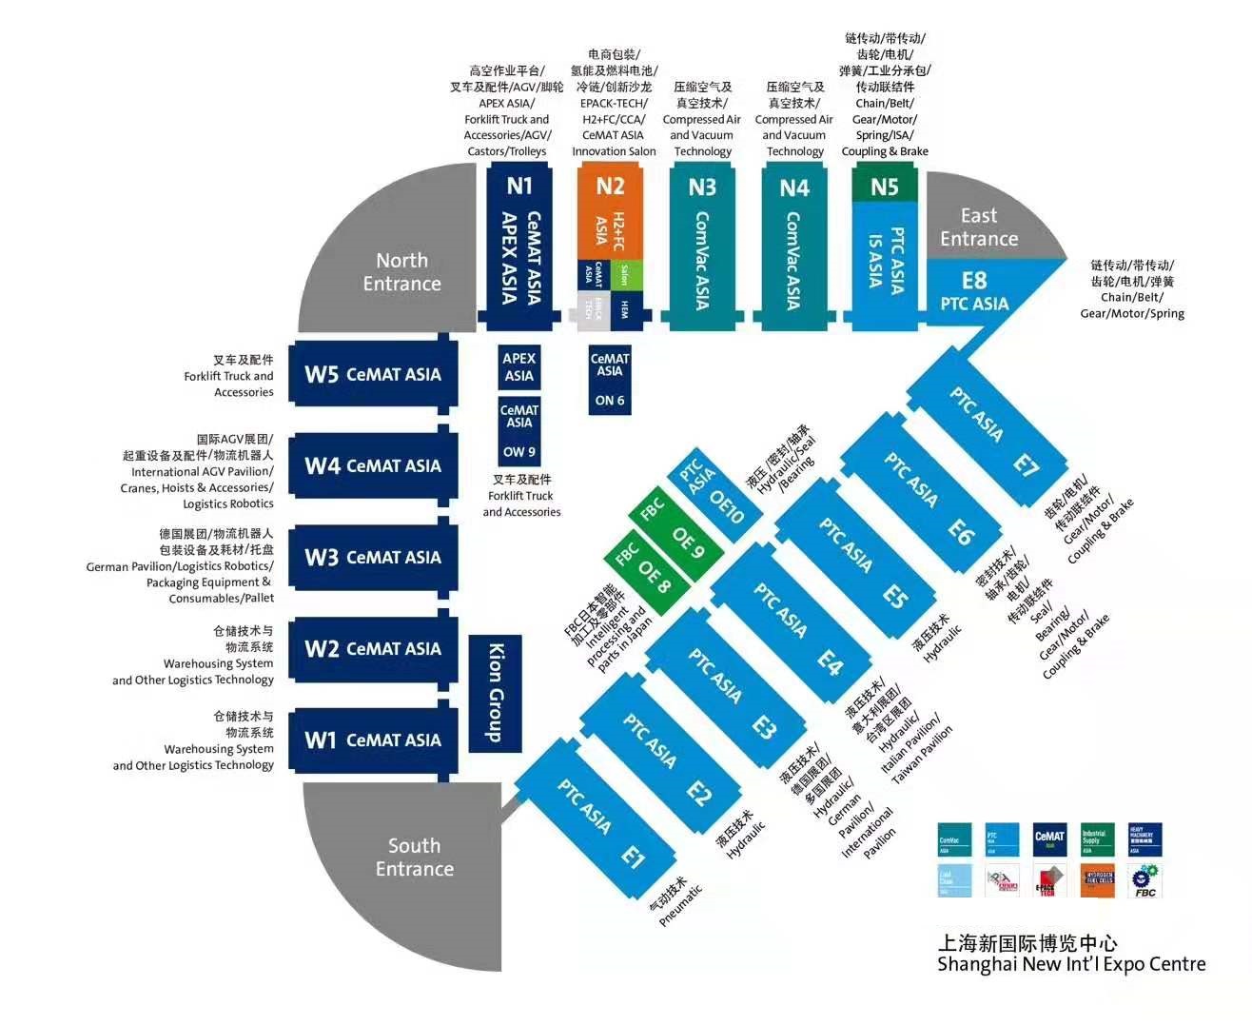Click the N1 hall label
(x=519, y=187)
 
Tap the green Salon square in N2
(x=624, y=274)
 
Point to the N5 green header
(x=885, y=187)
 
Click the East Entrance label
(x=979, y=227)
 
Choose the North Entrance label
(x=401, y=272)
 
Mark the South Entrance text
(x=414, y=857)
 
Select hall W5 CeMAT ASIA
(x=372, y=374)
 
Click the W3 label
(x=322, y=558)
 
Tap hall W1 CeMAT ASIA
(x=372, y=740)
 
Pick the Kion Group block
(x=496, y=693)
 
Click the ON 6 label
(x=610, y=401)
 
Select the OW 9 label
(x=519, y=452)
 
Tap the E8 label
(x=974, y=281)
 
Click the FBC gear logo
(x=1144, y=880)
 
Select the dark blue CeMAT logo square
(x=1049, y=839)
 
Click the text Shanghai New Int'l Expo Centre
(x=1071, y=964)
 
